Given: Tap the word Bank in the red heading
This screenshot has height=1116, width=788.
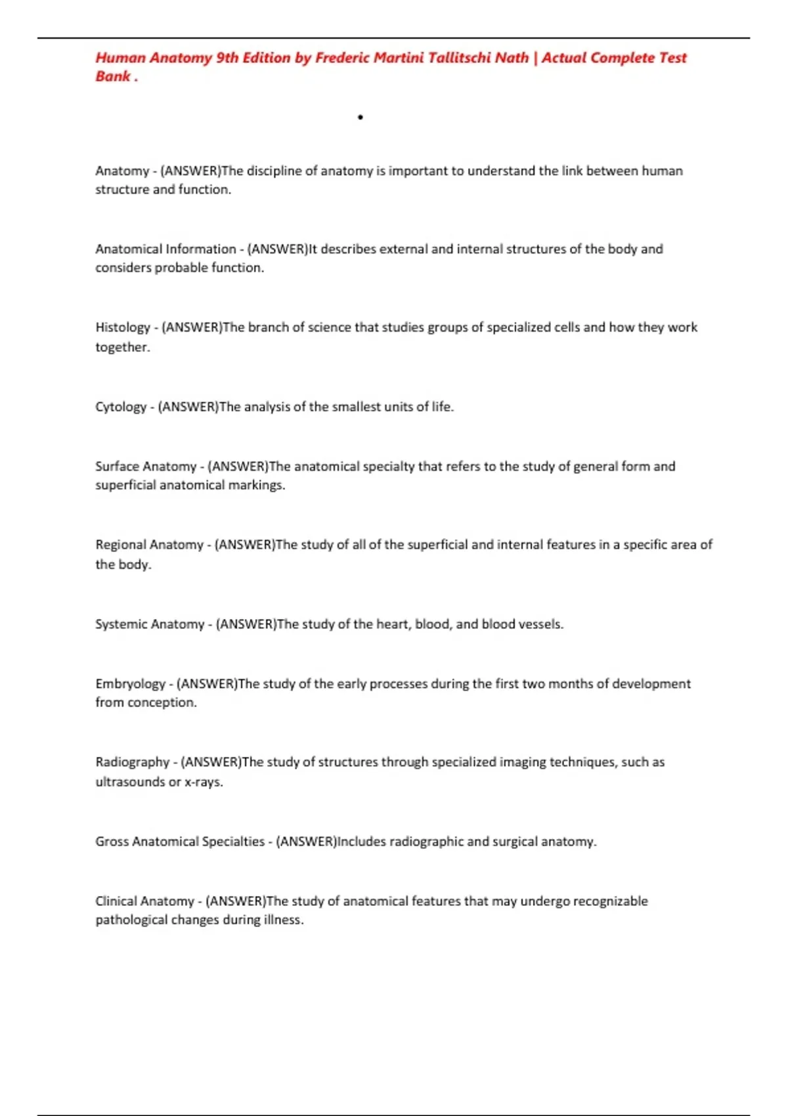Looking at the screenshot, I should point(112,77).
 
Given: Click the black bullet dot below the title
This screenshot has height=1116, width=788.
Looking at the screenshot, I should point(361,118).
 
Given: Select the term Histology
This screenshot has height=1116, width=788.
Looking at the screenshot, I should point(123,328).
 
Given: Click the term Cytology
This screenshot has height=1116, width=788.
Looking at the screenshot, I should point(121,407).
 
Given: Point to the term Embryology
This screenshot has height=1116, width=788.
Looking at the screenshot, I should point(130,684).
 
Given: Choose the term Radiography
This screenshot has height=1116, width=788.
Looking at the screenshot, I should point(132,762).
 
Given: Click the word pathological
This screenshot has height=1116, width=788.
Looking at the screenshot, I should point(131,920).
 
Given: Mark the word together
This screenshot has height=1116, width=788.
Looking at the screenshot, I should point(121,347).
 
